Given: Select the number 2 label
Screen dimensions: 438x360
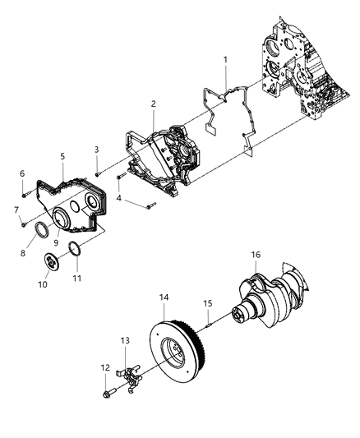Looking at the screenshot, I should pyautogui.click(x=153, y=104).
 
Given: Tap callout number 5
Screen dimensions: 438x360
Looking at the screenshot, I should pyautogui.click(x=62, y=154).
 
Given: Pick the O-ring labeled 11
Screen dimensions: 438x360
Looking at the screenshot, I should pyautogui.click(x=74, y=250).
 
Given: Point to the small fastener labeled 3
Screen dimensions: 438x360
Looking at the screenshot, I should pyautogui.click(x=97, y=173).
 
